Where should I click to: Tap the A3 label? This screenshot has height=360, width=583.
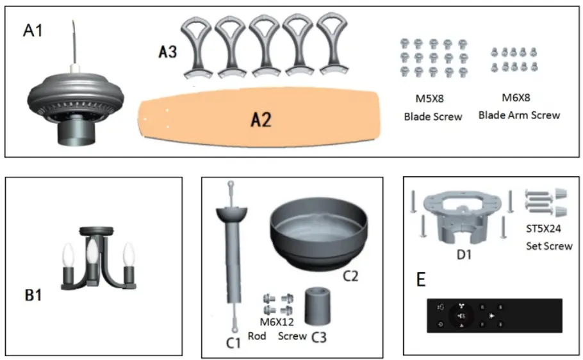pos(167,52)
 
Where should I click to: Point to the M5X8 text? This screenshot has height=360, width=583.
pos(427,99)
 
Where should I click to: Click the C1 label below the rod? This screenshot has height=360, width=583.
pos(234,343)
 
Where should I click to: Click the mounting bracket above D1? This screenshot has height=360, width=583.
pos(465,215)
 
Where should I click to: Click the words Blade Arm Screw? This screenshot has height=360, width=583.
pos(519,115)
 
